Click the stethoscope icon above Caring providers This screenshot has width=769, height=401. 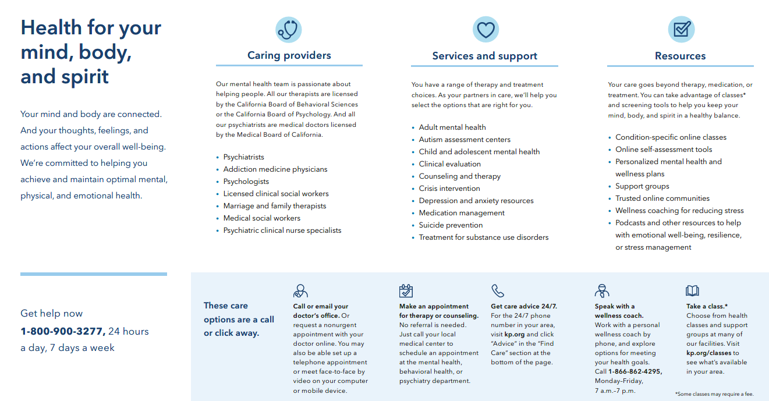[288, 30]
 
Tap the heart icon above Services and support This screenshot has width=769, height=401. [485, 30]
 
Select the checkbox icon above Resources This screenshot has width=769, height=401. [681, 30]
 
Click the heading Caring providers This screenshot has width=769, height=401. [289, 56]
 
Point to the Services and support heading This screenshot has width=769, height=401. [484, 56]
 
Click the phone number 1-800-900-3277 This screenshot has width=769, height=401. [63, 332]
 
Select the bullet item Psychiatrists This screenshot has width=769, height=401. [243, 157]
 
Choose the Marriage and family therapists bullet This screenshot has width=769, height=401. [275, 206]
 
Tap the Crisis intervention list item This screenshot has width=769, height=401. [449, 189]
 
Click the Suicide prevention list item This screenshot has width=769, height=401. [451, 225]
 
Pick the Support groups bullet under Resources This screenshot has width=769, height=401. [642, 186]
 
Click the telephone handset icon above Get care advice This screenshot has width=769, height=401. [498, 290]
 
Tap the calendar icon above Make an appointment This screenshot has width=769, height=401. [406, 290]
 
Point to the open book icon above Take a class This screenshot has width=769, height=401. [692, 290]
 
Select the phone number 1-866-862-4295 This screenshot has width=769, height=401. [635, 371]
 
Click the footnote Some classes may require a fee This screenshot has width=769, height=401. [714, 394]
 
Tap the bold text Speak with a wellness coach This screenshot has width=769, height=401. [619, 311]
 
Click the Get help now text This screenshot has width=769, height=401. [52, 314]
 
